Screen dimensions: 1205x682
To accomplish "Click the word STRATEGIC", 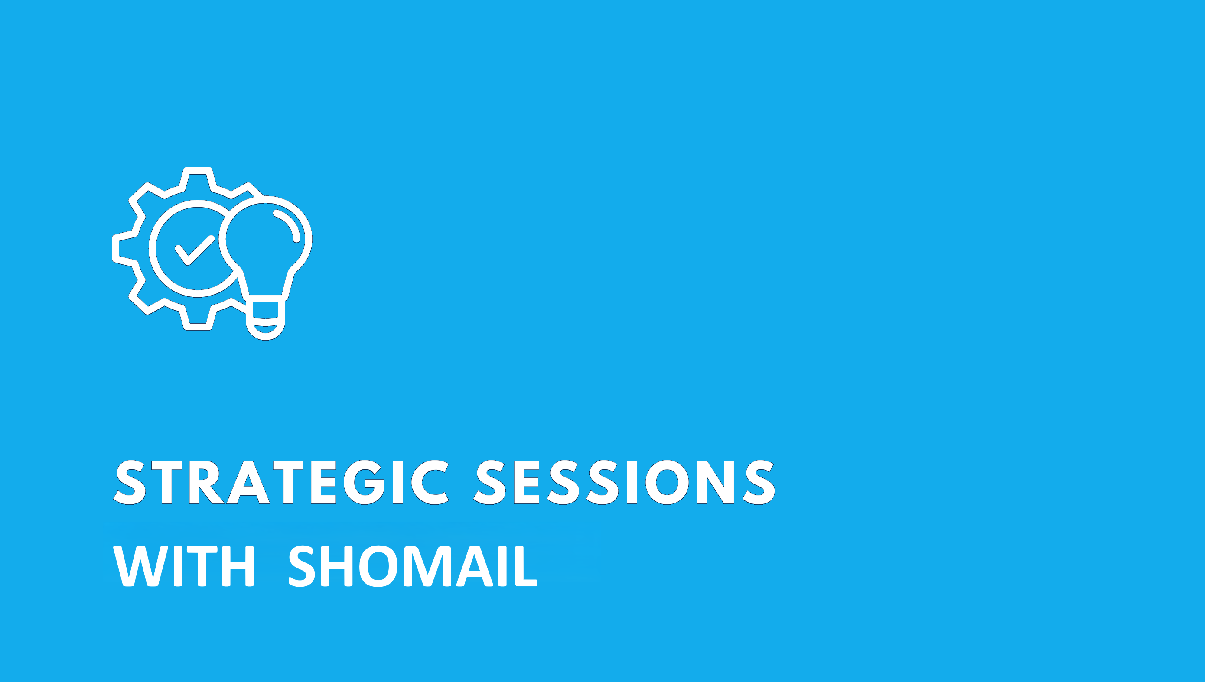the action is click(x=281, y=482).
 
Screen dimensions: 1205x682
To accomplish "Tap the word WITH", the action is click(x=184, y=566).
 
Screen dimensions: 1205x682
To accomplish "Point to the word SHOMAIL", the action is click(x=413, y=566).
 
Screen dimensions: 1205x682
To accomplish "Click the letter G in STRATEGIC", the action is click(x=364, y=482).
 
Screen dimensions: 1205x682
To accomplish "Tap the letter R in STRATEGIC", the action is click(x=206, y=482).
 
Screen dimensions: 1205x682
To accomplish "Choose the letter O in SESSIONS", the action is click(x=667, y=482).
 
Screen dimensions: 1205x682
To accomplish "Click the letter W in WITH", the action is click(x=140, y=566).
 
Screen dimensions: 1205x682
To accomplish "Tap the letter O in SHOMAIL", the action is click(x=378, y=566).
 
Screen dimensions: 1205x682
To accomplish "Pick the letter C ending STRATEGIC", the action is click(x=430, y=482).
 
